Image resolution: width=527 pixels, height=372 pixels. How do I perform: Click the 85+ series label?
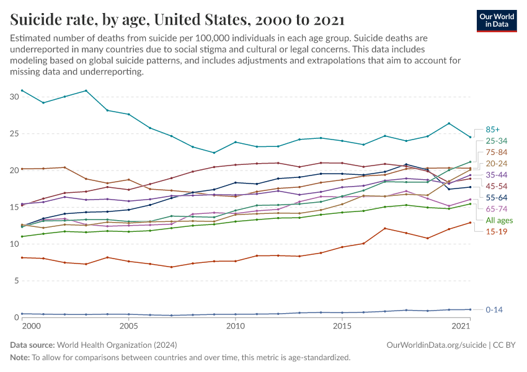coord(492,130)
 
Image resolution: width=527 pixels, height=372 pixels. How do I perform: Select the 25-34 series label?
coord(497,141)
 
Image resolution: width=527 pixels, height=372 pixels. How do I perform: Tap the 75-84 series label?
coord(497,153)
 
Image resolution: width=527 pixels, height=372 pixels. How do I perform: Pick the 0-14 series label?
coord(495,309)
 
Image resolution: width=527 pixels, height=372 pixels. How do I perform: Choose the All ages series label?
coord(498,221)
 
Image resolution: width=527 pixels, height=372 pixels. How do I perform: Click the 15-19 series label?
coord(497,232)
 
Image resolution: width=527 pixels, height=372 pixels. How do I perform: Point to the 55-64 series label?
coord(497,198)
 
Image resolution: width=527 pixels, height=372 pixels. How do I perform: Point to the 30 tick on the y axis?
coord(14,97)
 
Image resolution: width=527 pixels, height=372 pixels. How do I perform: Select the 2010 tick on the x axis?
coord(235,326)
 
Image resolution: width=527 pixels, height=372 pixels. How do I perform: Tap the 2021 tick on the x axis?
coord(461,326)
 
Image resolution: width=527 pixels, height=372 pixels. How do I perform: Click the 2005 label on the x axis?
coord(128,326)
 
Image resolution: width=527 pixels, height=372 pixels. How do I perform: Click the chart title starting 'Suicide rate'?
coord(177,20)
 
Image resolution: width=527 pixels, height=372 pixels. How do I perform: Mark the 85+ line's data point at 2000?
coord(22,91)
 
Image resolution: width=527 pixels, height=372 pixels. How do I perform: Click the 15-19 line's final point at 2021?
coord(470,223)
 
